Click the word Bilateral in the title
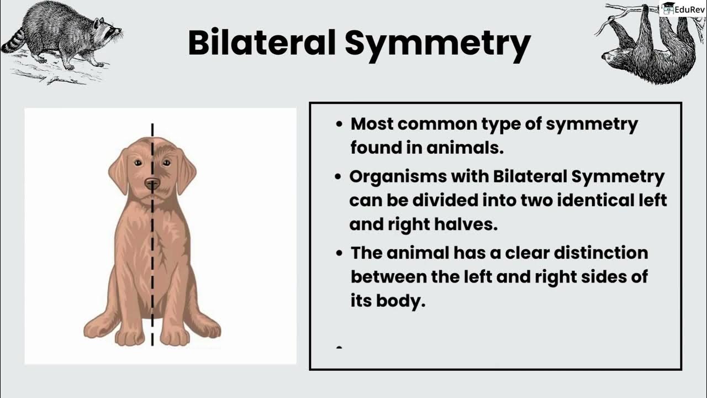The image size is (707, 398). coord(262,44)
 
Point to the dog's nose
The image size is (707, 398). coord(152,184)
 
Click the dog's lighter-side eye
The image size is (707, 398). coord(137,163)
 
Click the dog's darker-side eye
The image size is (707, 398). coord(166,163)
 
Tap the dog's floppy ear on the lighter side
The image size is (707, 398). coord(118,172)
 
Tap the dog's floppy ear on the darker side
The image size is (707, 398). coord(186,172)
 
